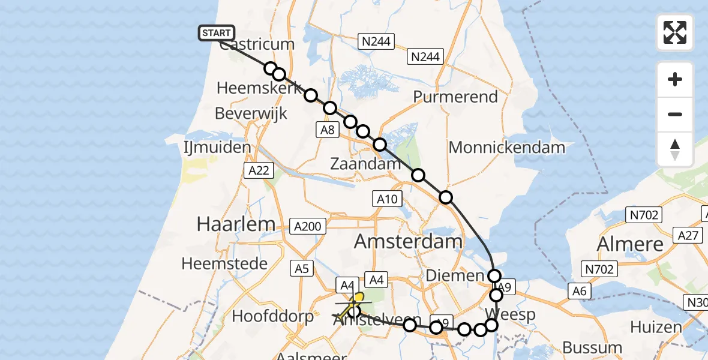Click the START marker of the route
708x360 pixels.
[216, 33]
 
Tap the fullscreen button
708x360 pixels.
[675, 32]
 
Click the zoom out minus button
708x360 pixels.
[675, 114]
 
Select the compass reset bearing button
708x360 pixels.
[675, 149]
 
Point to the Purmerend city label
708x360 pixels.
[456, 97]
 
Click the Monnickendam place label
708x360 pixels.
[506, 147]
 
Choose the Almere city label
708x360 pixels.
[630, 244]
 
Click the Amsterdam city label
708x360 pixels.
[408, 242]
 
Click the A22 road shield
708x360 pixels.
[259, 170]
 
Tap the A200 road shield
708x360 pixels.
[309, 226]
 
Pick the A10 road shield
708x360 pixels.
[387, 199]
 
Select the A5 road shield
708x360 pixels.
[302, 268]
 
